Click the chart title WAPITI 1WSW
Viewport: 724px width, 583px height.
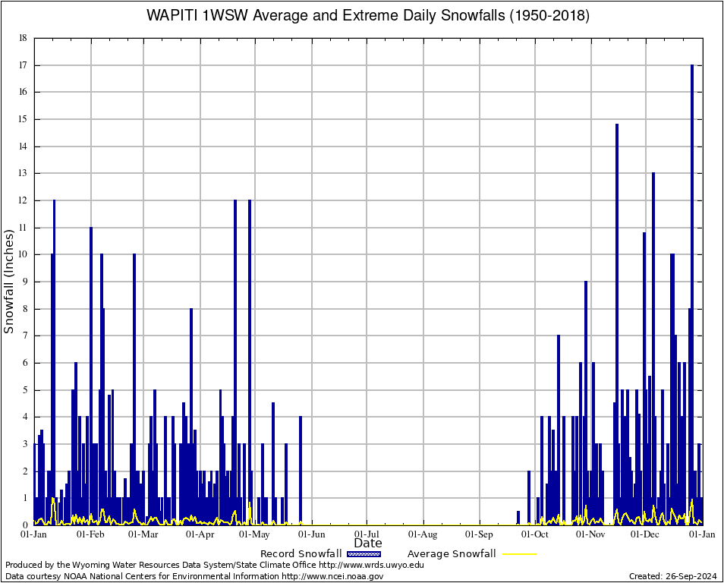pyautogui.click(x=367, y=15)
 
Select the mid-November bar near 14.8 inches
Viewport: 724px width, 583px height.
pyautogui.click(x=617, y=319)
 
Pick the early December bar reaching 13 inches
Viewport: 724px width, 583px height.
pyautogui.click(x=653, y=342)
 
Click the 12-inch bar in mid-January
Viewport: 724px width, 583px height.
pyautogui.click(x=54, y=357)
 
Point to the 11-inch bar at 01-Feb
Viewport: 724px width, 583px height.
pyautogui.click(x=91, y=372)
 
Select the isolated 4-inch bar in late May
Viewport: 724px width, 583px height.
pyautogui.click(x=301, y=471)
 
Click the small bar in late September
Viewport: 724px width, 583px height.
pyautogui.click(x=518, y=518)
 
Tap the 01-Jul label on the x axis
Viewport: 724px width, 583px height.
pyautogui.click(x=367, y=534)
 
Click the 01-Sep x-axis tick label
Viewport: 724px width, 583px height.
pyautogui.click(x=479, y=534)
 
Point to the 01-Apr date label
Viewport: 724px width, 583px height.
pyautogui.click(x=200, y=534)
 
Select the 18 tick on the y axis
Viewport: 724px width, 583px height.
pyautogui.click(x=23, y=38)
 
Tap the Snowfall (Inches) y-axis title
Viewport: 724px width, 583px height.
pyautogui.click(x=9, y=282)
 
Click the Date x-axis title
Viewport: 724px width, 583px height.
pyautogui.click(x=368, y=544)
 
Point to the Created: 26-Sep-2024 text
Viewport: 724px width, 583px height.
pyautogui.click(x=673, y=576)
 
